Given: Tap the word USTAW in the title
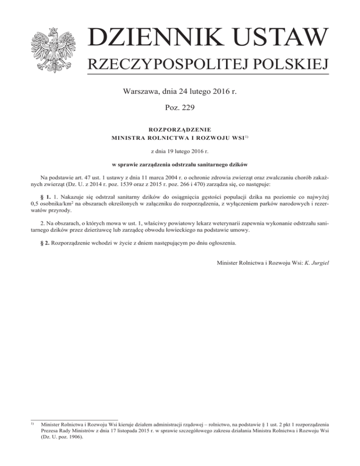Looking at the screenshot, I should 280,38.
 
